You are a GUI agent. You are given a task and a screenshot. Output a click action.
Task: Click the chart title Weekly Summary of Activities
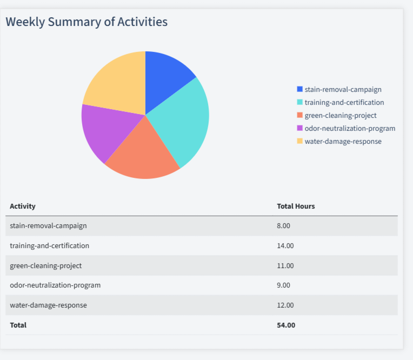pyautogui.click(x=86, y=22)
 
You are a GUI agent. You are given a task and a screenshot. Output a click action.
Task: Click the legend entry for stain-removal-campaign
pyautogui.click(x=343, y=89)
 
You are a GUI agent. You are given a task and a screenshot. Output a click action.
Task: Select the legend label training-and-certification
pyautogui.click(x=344, y=102)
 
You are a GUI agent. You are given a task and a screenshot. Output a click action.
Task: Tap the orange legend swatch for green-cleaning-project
pyautogui.click(x=300, y=115)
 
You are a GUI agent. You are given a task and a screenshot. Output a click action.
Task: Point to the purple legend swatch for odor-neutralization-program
pyautogui.click(x=300, y=128)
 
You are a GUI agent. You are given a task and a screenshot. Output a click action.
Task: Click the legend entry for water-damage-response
pyautogui.click(x=343, y=141)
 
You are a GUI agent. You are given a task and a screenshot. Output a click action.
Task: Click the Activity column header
pyautogui.click(x=23, y=206)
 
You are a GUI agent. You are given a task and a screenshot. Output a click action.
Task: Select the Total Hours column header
pyautogui.click(x=296, y=206)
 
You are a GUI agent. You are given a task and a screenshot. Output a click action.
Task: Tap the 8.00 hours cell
pyautogui.click(x=283, y=225)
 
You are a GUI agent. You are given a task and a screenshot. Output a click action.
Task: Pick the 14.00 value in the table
pyautogui.click(x=285, y=245)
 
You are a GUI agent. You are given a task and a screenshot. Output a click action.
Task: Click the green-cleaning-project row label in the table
pyautogui.click(x=46, y=265)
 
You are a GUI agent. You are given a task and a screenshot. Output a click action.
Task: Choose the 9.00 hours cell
pyautogui.click(x=283, y=285)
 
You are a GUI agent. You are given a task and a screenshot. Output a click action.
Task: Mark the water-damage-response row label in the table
pyautogui.click(x=48, y=305)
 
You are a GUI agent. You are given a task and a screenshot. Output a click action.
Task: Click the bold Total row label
pyautogui.click(x=18, y=325)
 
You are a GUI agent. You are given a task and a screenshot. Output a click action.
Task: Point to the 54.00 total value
pyautogui.click(x=286, y=325)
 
